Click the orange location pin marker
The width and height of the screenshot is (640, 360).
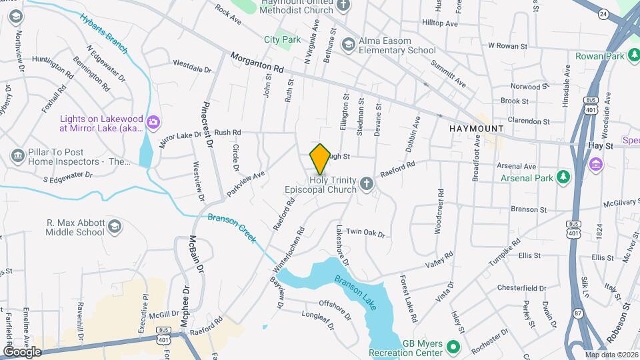pyautogui.click(x=320, y=159)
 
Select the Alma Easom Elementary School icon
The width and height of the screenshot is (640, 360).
pyautogui.click(x=348, y=45)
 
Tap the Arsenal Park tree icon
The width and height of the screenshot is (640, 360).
pyautogui.click(x=565, y=176)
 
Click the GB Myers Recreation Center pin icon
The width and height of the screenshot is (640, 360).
pyautogui.click(x=453, y=347)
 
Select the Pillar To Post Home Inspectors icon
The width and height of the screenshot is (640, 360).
pyautogui.click(x=18, y=156)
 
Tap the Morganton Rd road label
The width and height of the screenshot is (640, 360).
pyautogui.click(x=257, y=63)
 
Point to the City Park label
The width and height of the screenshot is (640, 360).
pyautogui.click(x=282, y=40)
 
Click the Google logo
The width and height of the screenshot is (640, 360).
pyautogui.click(x=22, y=352)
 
